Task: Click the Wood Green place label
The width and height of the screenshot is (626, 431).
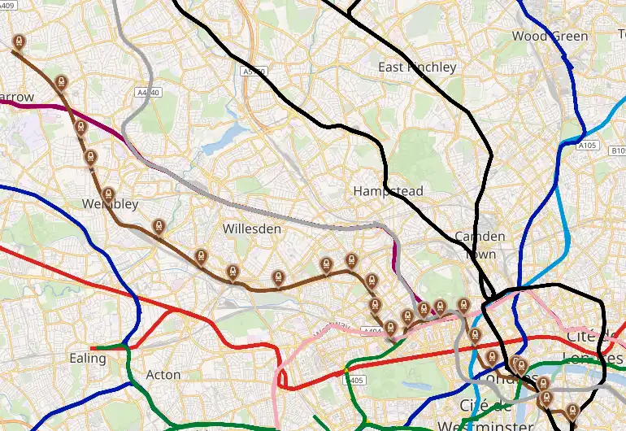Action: point(550,36)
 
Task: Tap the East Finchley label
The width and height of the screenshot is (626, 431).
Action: point(417,67)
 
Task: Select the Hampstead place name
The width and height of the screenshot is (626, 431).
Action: point(388,191)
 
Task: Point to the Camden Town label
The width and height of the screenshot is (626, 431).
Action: point(480,245)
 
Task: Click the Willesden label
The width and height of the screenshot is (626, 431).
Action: point(252,229)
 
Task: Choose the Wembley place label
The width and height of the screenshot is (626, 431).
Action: point(110,204)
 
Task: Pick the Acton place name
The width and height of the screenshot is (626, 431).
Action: point(163,375)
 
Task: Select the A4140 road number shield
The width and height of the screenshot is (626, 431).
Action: point(150,93)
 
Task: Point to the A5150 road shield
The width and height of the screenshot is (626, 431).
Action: point(254,72)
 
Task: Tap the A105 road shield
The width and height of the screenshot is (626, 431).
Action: point(587,146)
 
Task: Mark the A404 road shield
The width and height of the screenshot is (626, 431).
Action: point(373,331)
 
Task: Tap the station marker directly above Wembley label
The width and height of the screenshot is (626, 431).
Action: point(108,195)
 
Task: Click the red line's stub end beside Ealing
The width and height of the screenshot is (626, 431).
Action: point(92,348)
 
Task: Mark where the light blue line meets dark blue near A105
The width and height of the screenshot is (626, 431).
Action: point(582,130)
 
